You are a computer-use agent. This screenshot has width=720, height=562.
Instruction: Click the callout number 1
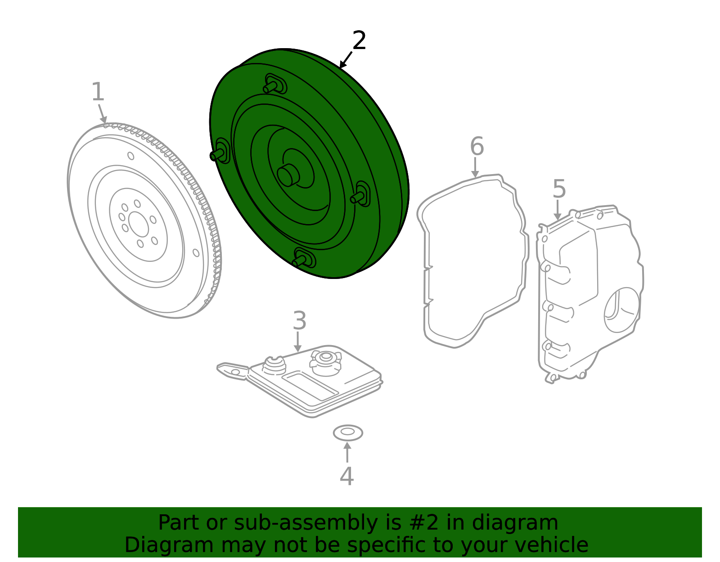coord(98,92)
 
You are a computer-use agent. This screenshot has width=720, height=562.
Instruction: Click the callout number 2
coord(359,41)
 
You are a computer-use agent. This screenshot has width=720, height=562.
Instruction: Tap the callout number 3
coord(299,321)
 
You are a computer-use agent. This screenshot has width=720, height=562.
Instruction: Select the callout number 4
coord(346,477)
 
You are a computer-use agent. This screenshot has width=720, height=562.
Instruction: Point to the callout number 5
coord(558,189)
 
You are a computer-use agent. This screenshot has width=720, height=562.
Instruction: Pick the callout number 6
coord(477,147)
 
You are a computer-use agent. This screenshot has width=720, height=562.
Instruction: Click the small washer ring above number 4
coord(348,432)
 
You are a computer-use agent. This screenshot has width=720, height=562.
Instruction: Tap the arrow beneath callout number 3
coord(297,342)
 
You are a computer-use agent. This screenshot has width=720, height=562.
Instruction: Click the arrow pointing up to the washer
coord(347,452)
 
